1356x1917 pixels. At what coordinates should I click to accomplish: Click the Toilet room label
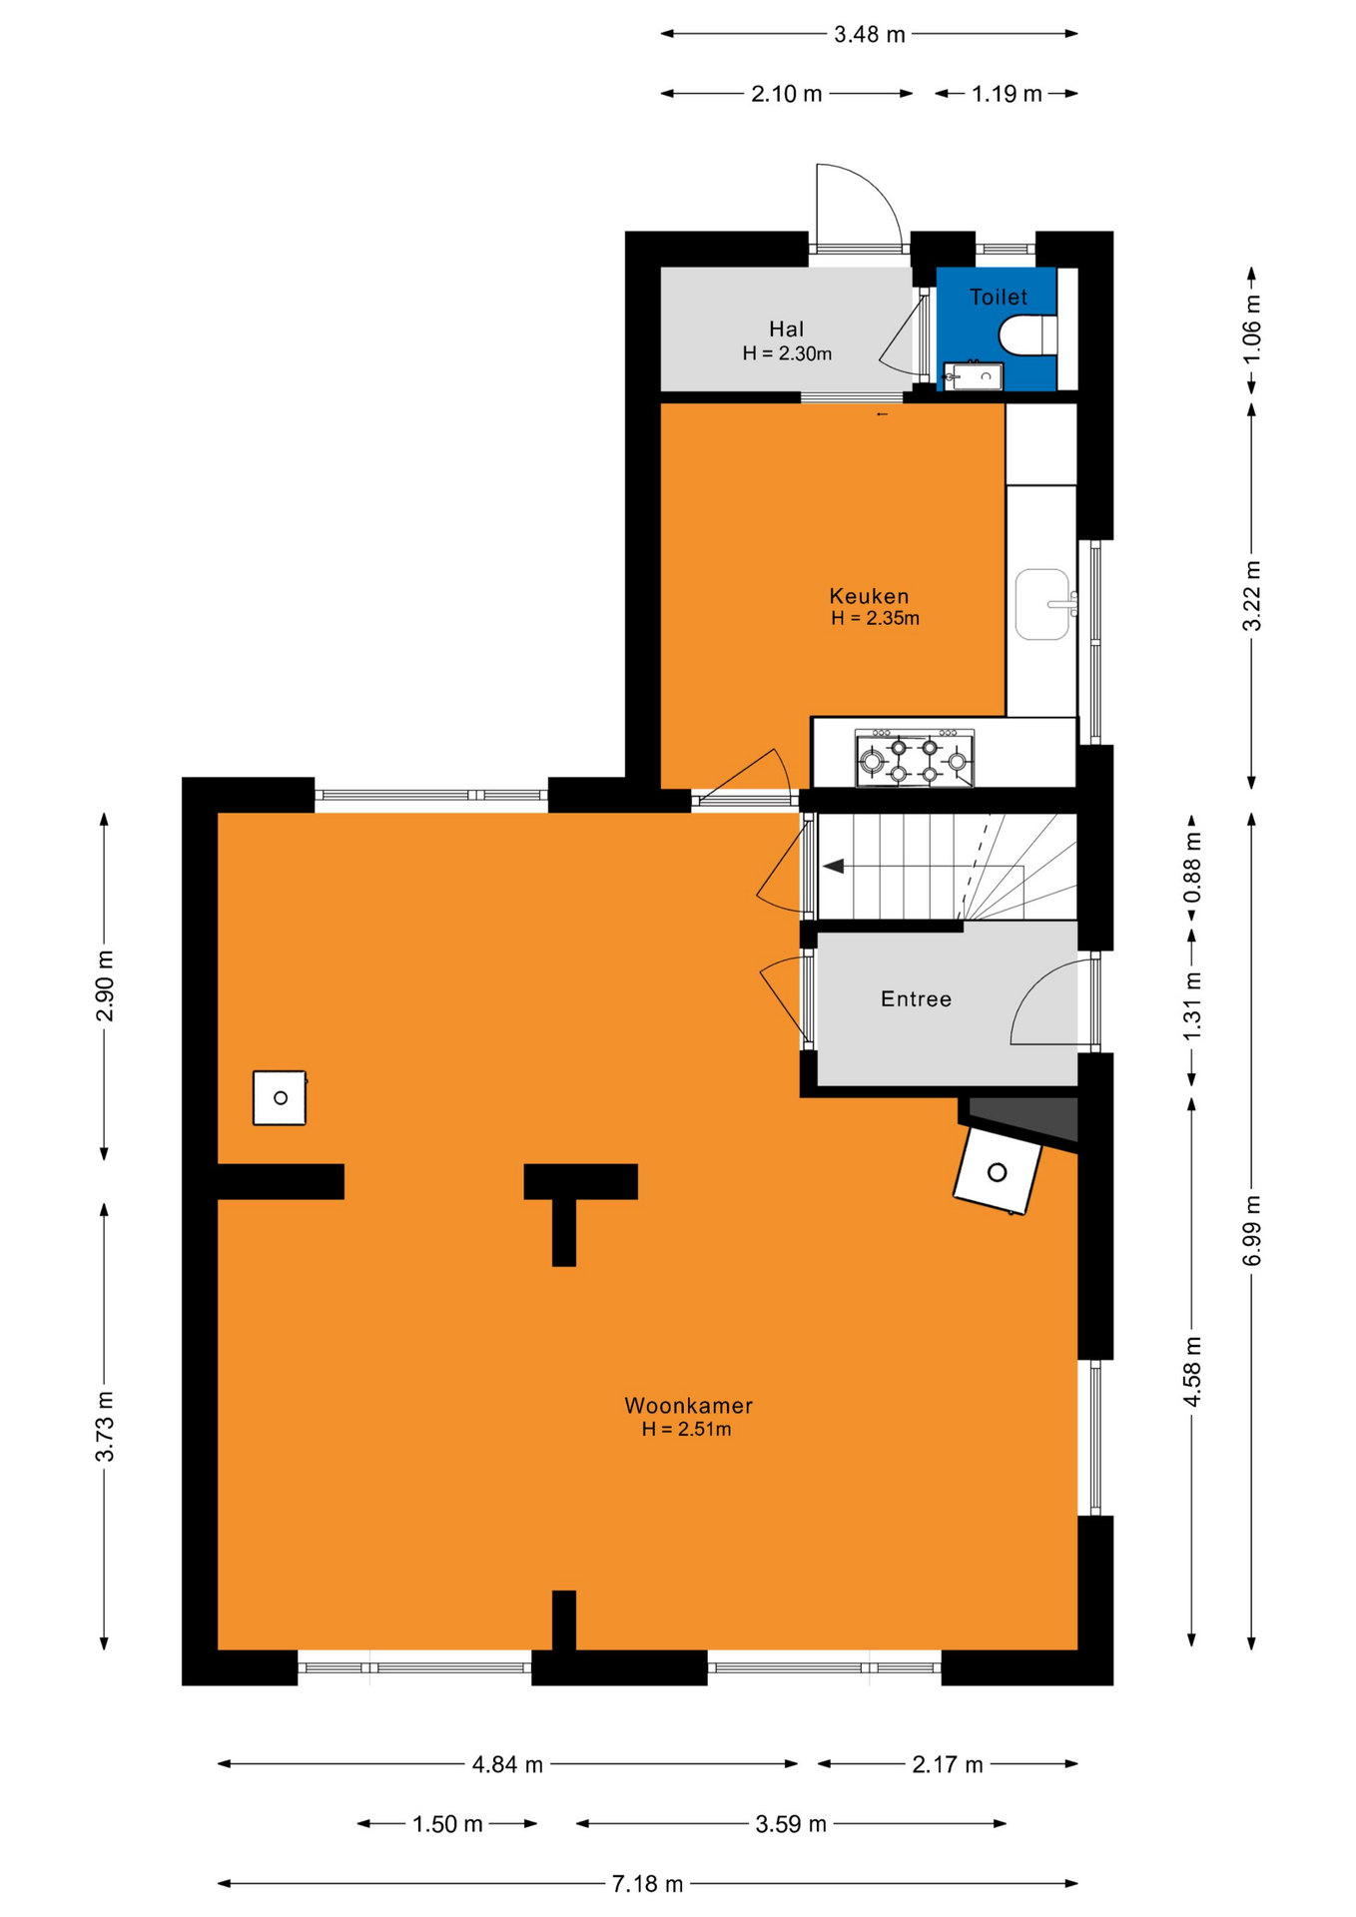pos(998,297)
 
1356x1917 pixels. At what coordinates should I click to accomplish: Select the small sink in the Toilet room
pos(973,376)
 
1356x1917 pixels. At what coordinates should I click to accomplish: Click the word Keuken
pos(869,596)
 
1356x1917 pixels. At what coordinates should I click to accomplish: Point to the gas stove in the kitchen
pos(914,759)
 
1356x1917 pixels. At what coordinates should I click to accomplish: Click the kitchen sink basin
pos(1042,604)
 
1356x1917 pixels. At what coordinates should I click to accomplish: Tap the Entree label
pos(916,998)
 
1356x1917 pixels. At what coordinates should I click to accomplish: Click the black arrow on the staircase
pos(833,866)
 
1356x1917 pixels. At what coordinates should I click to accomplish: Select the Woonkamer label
pos(688,1405)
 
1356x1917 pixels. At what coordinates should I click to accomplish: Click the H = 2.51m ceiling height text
pos(686,1429)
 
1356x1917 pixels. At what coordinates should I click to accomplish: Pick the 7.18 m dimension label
pos(647,1883)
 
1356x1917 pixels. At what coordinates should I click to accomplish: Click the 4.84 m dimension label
pos(507,1764)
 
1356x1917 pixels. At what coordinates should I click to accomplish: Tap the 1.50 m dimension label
pos(447,1824)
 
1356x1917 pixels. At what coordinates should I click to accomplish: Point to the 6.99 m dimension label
pos(1251,1230)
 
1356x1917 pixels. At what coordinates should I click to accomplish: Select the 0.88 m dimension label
pos(1191,867)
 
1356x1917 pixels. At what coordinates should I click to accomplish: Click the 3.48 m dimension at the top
pos(869,34)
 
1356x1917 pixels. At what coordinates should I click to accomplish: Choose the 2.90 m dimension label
pos(105,986)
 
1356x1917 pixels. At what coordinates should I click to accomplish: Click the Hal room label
pos(786,328)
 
